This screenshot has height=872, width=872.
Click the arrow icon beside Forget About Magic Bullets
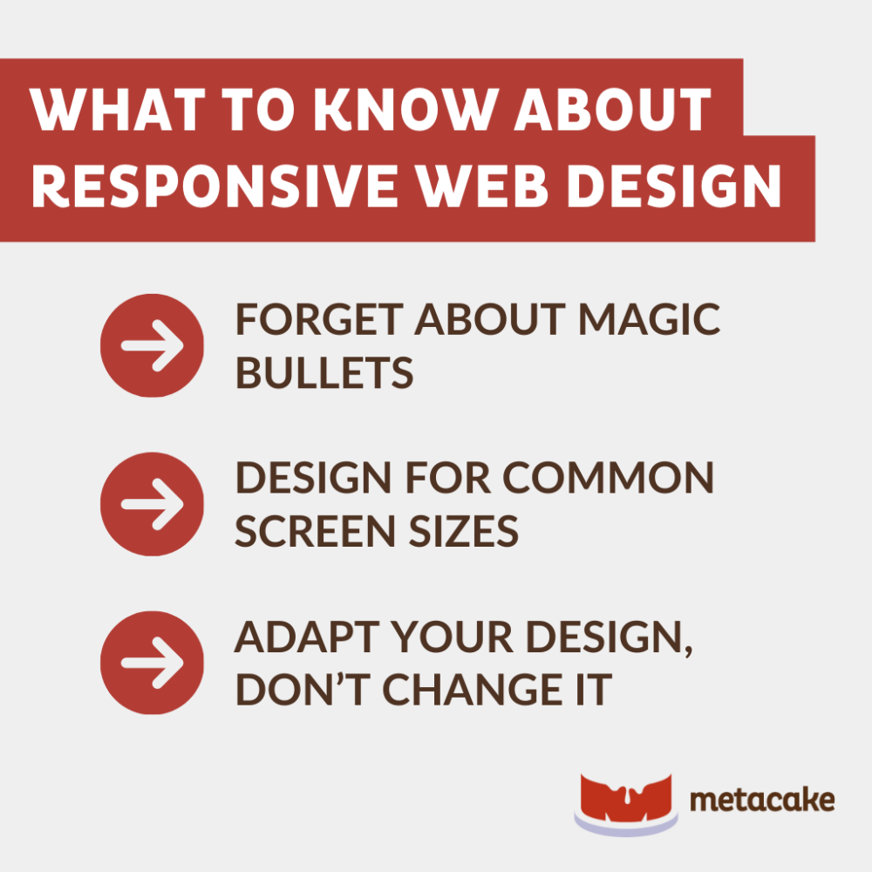point(153,345)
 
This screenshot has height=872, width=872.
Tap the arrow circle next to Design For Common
point(153,504)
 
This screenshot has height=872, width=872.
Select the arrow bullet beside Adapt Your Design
point(153,663)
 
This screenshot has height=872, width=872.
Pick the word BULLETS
point(324,373)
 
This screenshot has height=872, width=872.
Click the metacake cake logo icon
point(625,801)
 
